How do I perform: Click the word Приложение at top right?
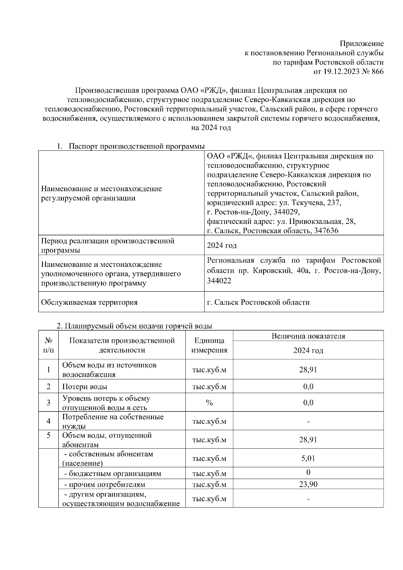pos(361,44)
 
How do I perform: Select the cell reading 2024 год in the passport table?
pos(222,246)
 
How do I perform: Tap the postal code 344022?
pos(219,281)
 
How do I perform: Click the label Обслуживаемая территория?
pos(89,302)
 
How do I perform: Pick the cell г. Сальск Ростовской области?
pos(258,302)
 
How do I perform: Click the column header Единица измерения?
pos(209,345)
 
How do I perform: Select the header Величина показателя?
pos(308,336)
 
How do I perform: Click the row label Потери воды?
pos(85,387)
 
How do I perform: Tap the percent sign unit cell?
pos(209,403)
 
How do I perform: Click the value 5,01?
pos(308,459)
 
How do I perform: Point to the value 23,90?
pos(308,484)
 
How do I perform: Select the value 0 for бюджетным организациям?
pos(308,473)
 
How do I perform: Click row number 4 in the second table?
pos(49,421)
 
